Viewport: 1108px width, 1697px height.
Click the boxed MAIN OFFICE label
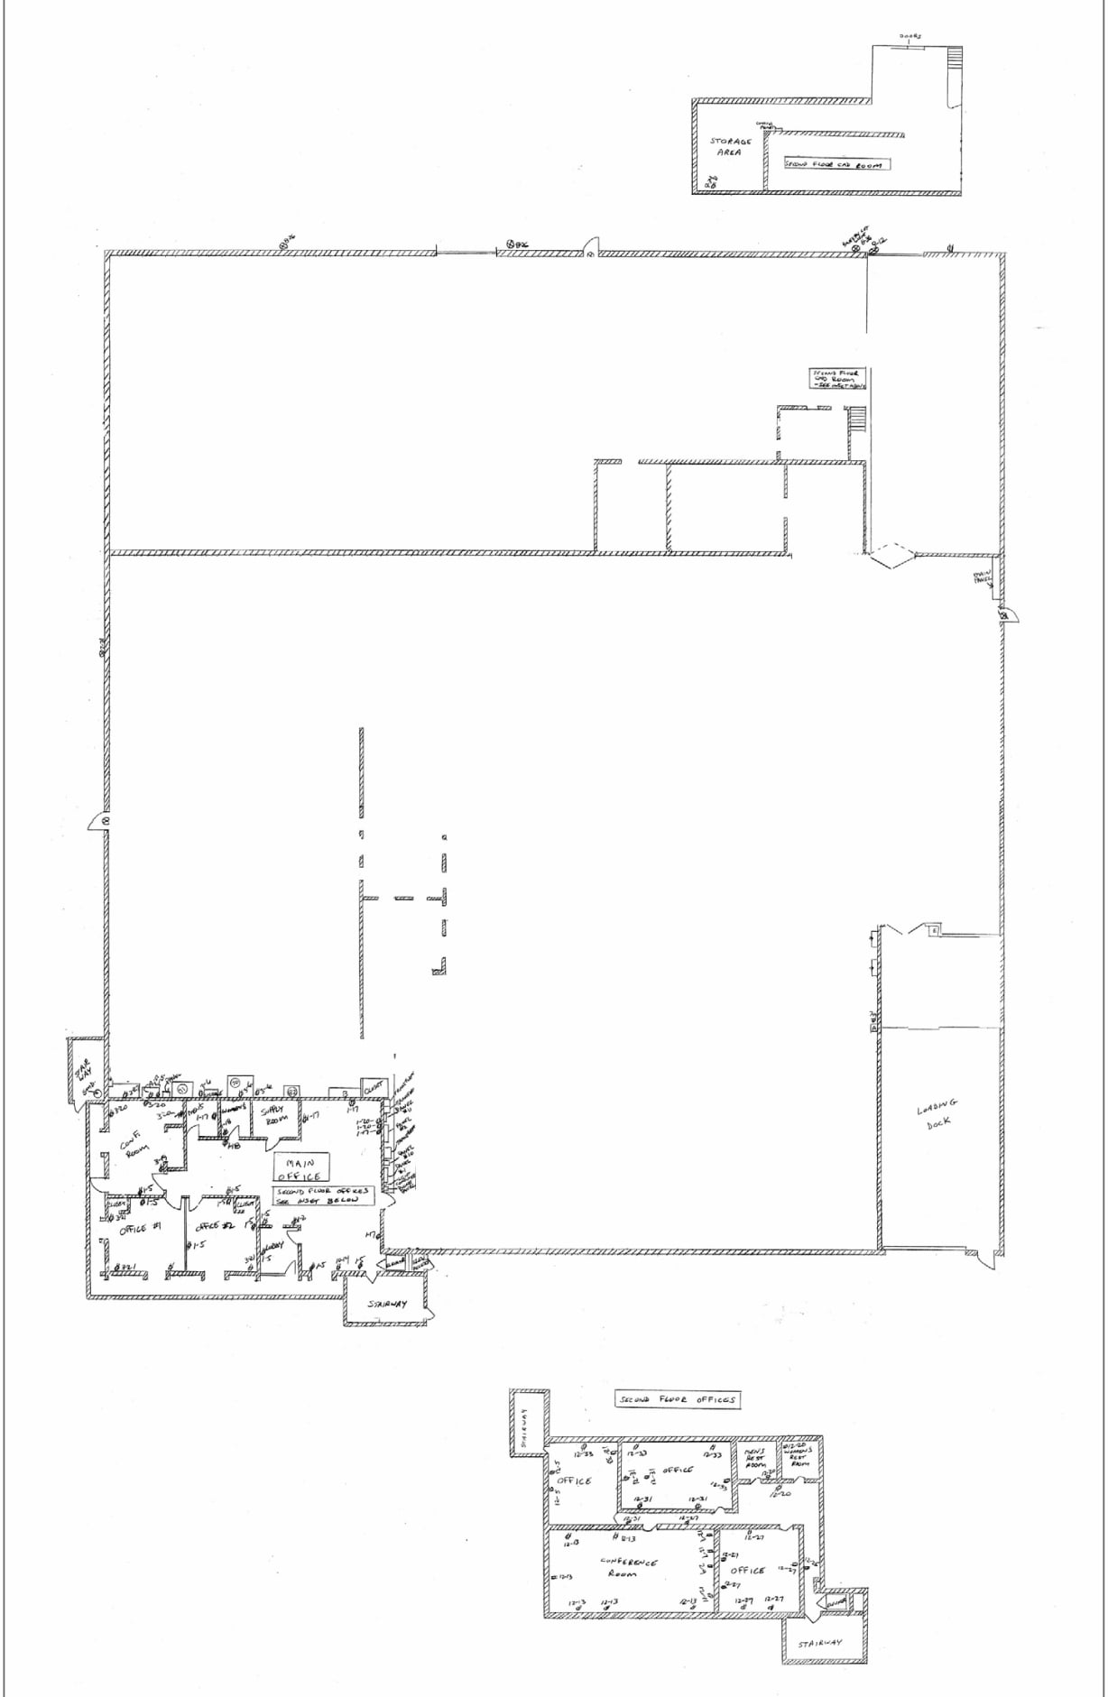coord(301,1169)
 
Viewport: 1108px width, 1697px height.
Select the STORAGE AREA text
coord(729,147)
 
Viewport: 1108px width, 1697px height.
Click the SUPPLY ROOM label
coord(273,1114)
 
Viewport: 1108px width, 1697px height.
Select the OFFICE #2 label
coord(215,1226)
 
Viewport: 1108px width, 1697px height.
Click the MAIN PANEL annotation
coord(982,577)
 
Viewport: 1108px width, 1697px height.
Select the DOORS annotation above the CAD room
coord(910,37)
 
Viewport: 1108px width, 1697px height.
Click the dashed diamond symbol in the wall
coord(891,555)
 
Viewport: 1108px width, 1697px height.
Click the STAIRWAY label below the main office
coord(387,1305)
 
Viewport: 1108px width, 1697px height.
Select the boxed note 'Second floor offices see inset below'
coord(322,1196)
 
